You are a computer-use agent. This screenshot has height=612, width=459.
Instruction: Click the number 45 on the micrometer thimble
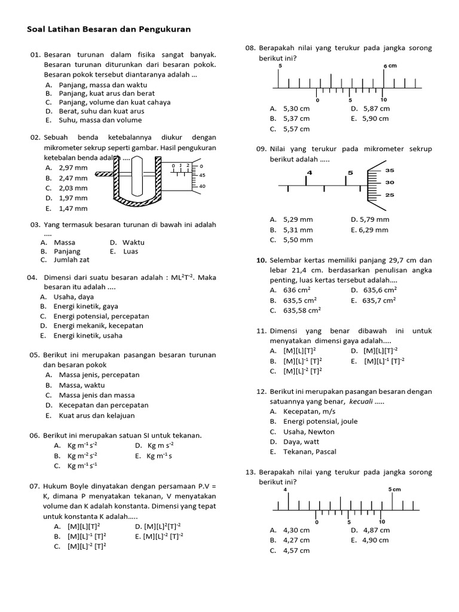[202, 175]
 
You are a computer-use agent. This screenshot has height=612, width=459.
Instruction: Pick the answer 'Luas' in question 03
[130, 251]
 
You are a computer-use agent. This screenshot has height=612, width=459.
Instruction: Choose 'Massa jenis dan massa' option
[96, 395]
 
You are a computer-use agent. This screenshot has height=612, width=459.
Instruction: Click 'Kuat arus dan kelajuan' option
[97, 415]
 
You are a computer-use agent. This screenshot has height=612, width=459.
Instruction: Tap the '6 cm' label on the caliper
[390, 66]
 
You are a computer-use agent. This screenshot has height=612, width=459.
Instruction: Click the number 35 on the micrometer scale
[390, 170]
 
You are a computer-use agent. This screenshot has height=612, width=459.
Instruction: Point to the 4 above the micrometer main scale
[309, 173]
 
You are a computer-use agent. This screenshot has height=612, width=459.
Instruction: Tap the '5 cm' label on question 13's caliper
[394, 489]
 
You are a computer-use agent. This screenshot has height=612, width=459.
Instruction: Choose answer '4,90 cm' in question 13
[374, 540]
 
